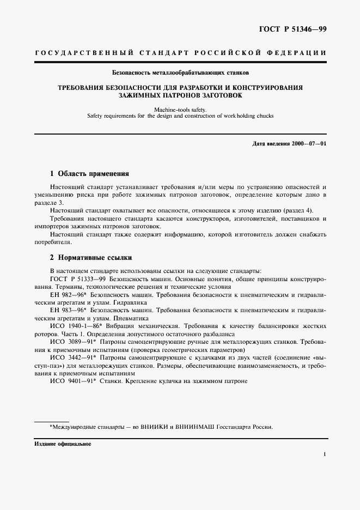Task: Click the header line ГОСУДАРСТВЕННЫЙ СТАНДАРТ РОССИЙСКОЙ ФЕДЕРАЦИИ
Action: (x=180, y=53)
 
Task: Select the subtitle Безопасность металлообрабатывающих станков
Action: (x=180, y=72)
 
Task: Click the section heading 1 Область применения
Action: (x=89, y=174)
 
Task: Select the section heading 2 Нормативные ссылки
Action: (x=90, y=257)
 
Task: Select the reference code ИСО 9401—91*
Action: (x=72, y=381)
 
